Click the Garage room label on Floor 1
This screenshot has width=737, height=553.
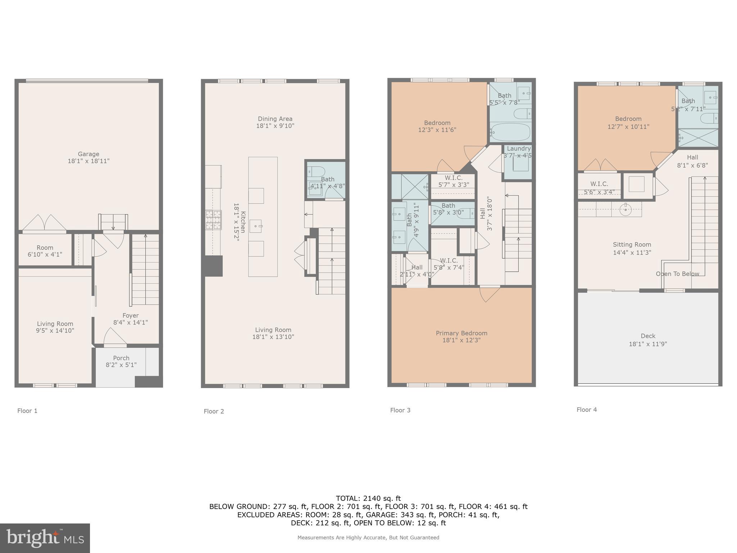click(x=89, y=154)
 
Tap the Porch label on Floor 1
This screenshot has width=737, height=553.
click(x=121, y=358)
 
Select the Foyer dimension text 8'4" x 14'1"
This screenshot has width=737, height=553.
click(x=130, y=323)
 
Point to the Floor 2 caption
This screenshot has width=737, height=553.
click(x=214, y=411)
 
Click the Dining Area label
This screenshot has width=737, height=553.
click(x=275, y=119)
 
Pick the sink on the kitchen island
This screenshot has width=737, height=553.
click(x=256, y=226)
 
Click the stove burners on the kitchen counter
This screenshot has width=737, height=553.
click(x=213, y=220)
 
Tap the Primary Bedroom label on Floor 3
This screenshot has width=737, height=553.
click(x=461, y=333)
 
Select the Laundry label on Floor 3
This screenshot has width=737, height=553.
click(x=519, y=148)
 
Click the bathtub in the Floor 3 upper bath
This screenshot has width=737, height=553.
click(x=510, y=132)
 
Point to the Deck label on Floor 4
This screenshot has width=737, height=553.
click(x=648, y=336)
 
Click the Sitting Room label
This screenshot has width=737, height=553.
click(x=632, y=244)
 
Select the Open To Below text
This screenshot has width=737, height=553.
click(x=677, y=274)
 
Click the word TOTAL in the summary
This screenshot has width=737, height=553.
click(x=347, y=498)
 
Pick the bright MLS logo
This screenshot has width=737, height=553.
click(x=45, y=538)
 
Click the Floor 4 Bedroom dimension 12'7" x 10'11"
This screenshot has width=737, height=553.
click(x=628, y=127)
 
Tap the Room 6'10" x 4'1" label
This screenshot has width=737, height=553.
click(x=45, y=251)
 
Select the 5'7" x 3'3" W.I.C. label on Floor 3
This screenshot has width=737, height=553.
click(x=453, y=185)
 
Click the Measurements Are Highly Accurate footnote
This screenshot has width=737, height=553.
click(x=368, y=538)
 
